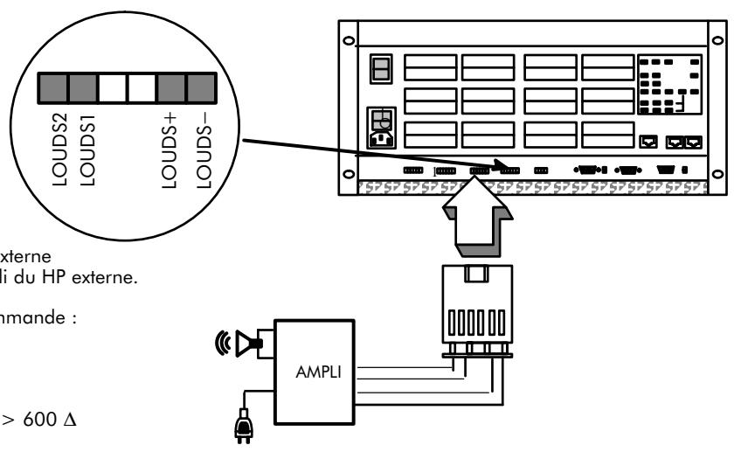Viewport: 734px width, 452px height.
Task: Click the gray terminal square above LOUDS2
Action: [x=52, y=88]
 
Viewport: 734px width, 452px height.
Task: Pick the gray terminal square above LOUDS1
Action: [x=82, y=88]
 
